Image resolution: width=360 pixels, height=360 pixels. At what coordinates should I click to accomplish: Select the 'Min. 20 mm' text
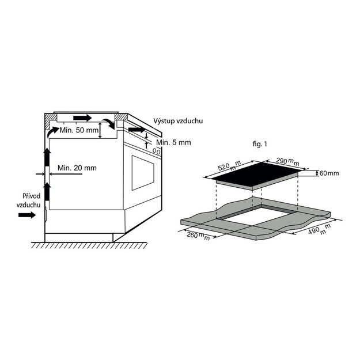77,168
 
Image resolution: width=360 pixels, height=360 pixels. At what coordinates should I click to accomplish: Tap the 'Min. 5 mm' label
173,142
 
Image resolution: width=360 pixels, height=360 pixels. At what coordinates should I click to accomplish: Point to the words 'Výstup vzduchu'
178,121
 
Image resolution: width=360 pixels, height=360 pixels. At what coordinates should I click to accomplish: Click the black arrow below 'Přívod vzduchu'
26,215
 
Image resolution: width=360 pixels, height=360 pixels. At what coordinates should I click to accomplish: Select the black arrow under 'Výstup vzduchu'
138,131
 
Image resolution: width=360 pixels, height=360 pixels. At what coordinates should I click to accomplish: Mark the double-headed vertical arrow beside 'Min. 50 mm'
100,131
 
